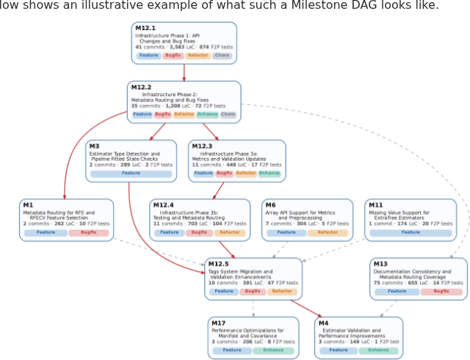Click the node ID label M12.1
point(145,28)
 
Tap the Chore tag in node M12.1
point(222,55)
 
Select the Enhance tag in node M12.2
point(207,114)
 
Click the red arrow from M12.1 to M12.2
point(184,72)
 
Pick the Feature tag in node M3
point(131,173)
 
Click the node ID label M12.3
point(202,146)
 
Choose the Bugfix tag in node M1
point(89,232)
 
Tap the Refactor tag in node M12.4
point(230,232)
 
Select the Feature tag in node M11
point(411,232)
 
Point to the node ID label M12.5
point(219,264)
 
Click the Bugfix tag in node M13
point(441,291)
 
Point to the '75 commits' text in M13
point(385,283)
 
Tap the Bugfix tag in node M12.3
point(225,173)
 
